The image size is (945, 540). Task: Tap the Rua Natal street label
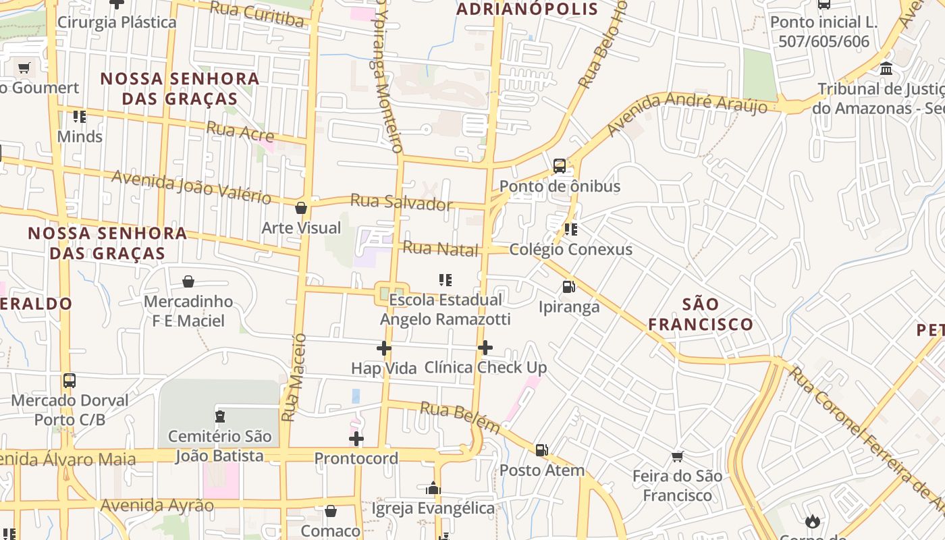[x=440, y=248]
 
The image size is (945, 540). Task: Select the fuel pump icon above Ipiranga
[x=569, y=287]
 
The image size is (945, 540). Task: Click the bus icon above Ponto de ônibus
[x=560, y=166]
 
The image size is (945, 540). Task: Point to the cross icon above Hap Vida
[x=384, y=348]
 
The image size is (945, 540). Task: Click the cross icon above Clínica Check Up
[x=485, y=348]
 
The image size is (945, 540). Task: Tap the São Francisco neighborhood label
[x=701, y=314]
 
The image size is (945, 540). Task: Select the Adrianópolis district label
[x=527, y=9]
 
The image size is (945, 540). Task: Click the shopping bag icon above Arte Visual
[x=301, y=208]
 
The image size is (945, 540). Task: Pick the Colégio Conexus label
[x=570, y=249]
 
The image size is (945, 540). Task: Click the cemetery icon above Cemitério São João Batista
[x=219, y=416]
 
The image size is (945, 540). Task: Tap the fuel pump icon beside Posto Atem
[x=541, y=450]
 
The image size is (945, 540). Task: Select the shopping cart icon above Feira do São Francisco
[x=678, y=457]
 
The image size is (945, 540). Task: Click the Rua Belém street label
[x=460, y=417]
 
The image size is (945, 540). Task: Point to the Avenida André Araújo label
[x=687, y=114]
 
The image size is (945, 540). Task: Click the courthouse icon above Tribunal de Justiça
[x=886, y=69]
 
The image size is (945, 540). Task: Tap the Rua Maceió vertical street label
[x=294, y=377]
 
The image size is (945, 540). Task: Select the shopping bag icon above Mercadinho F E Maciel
[x=188, y=281]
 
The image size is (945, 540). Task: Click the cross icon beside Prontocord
[x=356, y=439]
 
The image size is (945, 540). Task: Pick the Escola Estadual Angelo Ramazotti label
[x=445, y=309]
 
